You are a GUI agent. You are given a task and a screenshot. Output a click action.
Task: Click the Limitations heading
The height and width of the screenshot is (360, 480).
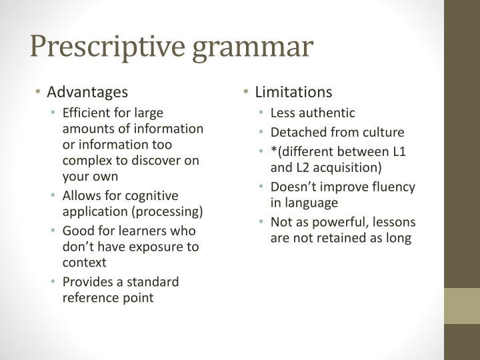tap(293, 91)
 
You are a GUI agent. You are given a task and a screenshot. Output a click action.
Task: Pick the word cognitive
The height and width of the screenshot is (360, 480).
tap(153, 195)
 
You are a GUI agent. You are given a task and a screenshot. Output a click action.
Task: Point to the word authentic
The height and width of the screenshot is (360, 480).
tap(331, 113)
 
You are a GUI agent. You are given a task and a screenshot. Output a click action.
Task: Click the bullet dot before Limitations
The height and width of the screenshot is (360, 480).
tap(247, 92)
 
